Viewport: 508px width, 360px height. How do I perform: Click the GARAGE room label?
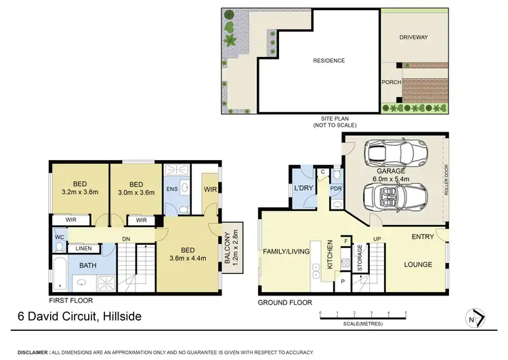pos(391,172)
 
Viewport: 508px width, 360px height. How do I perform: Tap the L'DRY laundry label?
pos(301,188)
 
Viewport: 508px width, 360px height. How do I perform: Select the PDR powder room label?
pos(336,188)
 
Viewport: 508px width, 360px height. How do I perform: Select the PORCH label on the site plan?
pos(392,82)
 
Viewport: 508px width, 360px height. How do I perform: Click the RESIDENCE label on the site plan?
pos(329,60)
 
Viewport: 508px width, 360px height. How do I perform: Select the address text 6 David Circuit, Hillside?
pos(81,316)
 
